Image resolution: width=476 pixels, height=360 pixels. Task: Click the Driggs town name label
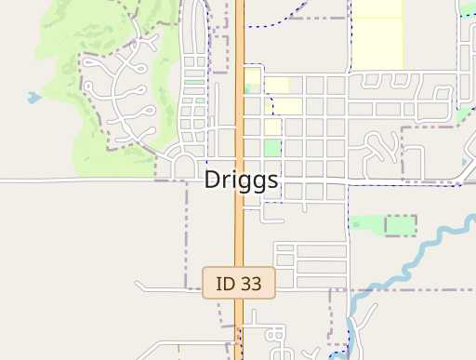tap(241, 180)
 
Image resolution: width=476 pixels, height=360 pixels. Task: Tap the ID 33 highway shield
tap(239, 283)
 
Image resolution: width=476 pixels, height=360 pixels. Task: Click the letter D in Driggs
tap(213, 180)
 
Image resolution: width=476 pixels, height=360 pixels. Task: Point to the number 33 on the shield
tap(251, 283)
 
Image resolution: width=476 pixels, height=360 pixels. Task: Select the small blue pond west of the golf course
tap(34, 97)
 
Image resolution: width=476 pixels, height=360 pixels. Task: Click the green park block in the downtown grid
tap(271, 148)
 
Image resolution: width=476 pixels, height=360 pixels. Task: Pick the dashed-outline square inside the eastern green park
tap(401, 225)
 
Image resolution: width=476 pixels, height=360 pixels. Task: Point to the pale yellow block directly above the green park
tap(272, 127)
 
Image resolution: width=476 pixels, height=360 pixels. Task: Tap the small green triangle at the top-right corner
tap(468, 10)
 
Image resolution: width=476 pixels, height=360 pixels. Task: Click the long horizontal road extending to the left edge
tap(74, 180)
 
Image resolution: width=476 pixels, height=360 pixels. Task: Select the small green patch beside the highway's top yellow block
tap(247, 88)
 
